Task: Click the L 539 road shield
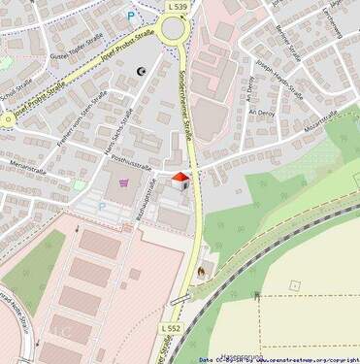click(177, 6)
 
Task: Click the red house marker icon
click(180, 180)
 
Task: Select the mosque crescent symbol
click(142, 71)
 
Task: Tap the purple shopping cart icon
click(123, 182)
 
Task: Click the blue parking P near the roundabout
click(132, 17)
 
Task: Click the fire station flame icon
click(201, 271)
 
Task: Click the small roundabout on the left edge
click(7, 119)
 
